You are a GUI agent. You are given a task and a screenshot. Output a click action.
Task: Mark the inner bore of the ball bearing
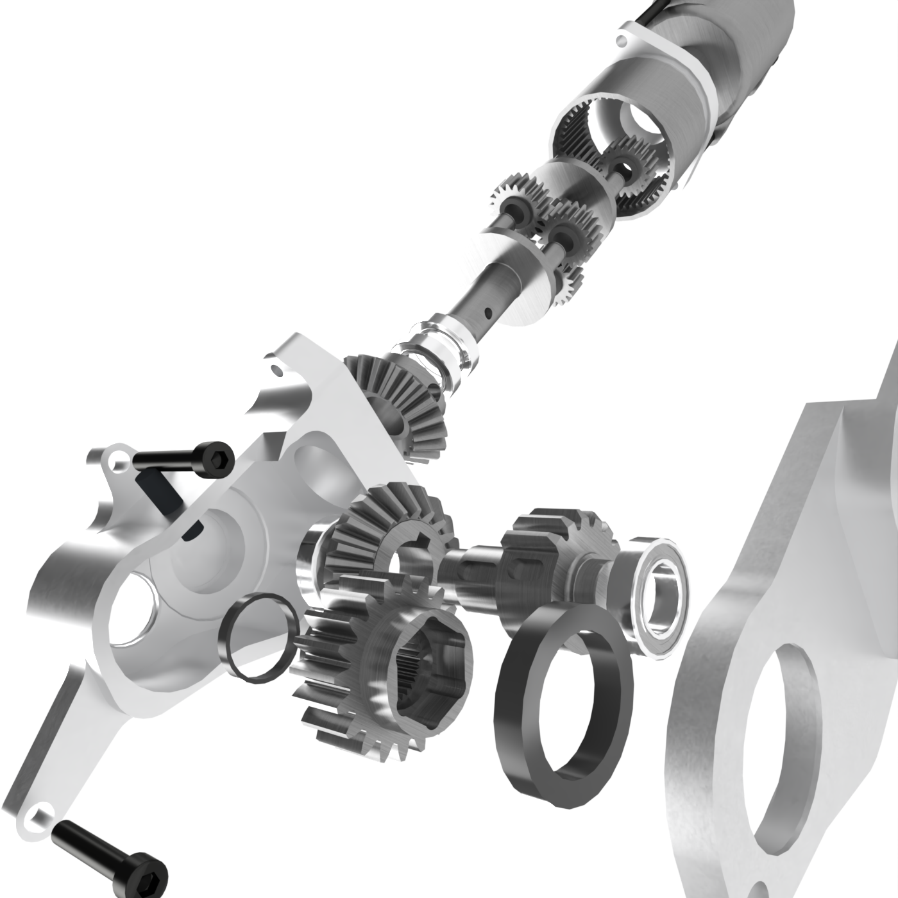click(x=661, y=593)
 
